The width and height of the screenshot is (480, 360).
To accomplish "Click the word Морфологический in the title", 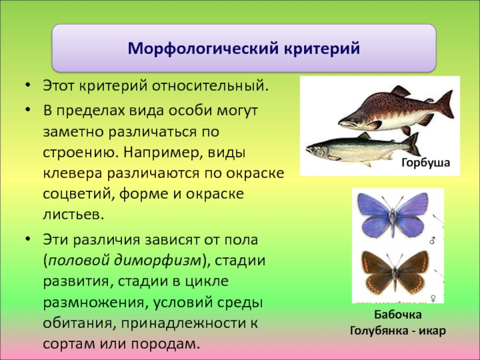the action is pos(203,49).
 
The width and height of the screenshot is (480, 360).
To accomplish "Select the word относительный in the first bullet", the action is pos(210,86).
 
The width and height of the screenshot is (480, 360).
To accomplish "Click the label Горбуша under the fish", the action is pos(425,162).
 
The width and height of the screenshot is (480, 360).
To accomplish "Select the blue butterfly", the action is pos(393,215).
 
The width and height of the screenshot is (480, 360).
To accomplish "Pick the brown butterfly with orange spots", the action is pos(395,271).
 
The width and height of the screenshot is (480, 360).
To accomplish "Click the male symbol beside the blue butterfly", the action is pos(433,241).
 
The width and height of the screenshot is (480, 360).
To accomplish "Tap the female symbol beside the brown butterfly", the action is pos(433,298).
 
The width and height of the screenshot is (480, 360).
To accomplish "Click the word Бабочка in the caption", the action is pos(398,314).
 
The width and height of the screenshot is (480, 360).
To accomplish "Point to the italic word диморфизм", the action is pos(157,260).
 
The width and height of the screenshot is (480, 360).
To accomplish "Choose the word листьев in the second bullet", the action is pos(73,215).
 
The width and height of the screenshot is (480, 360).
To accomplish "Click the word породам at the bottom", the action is pos(166,344).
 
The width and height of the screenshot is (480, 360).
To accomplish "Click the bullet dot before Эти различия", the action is pos(28,238).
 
